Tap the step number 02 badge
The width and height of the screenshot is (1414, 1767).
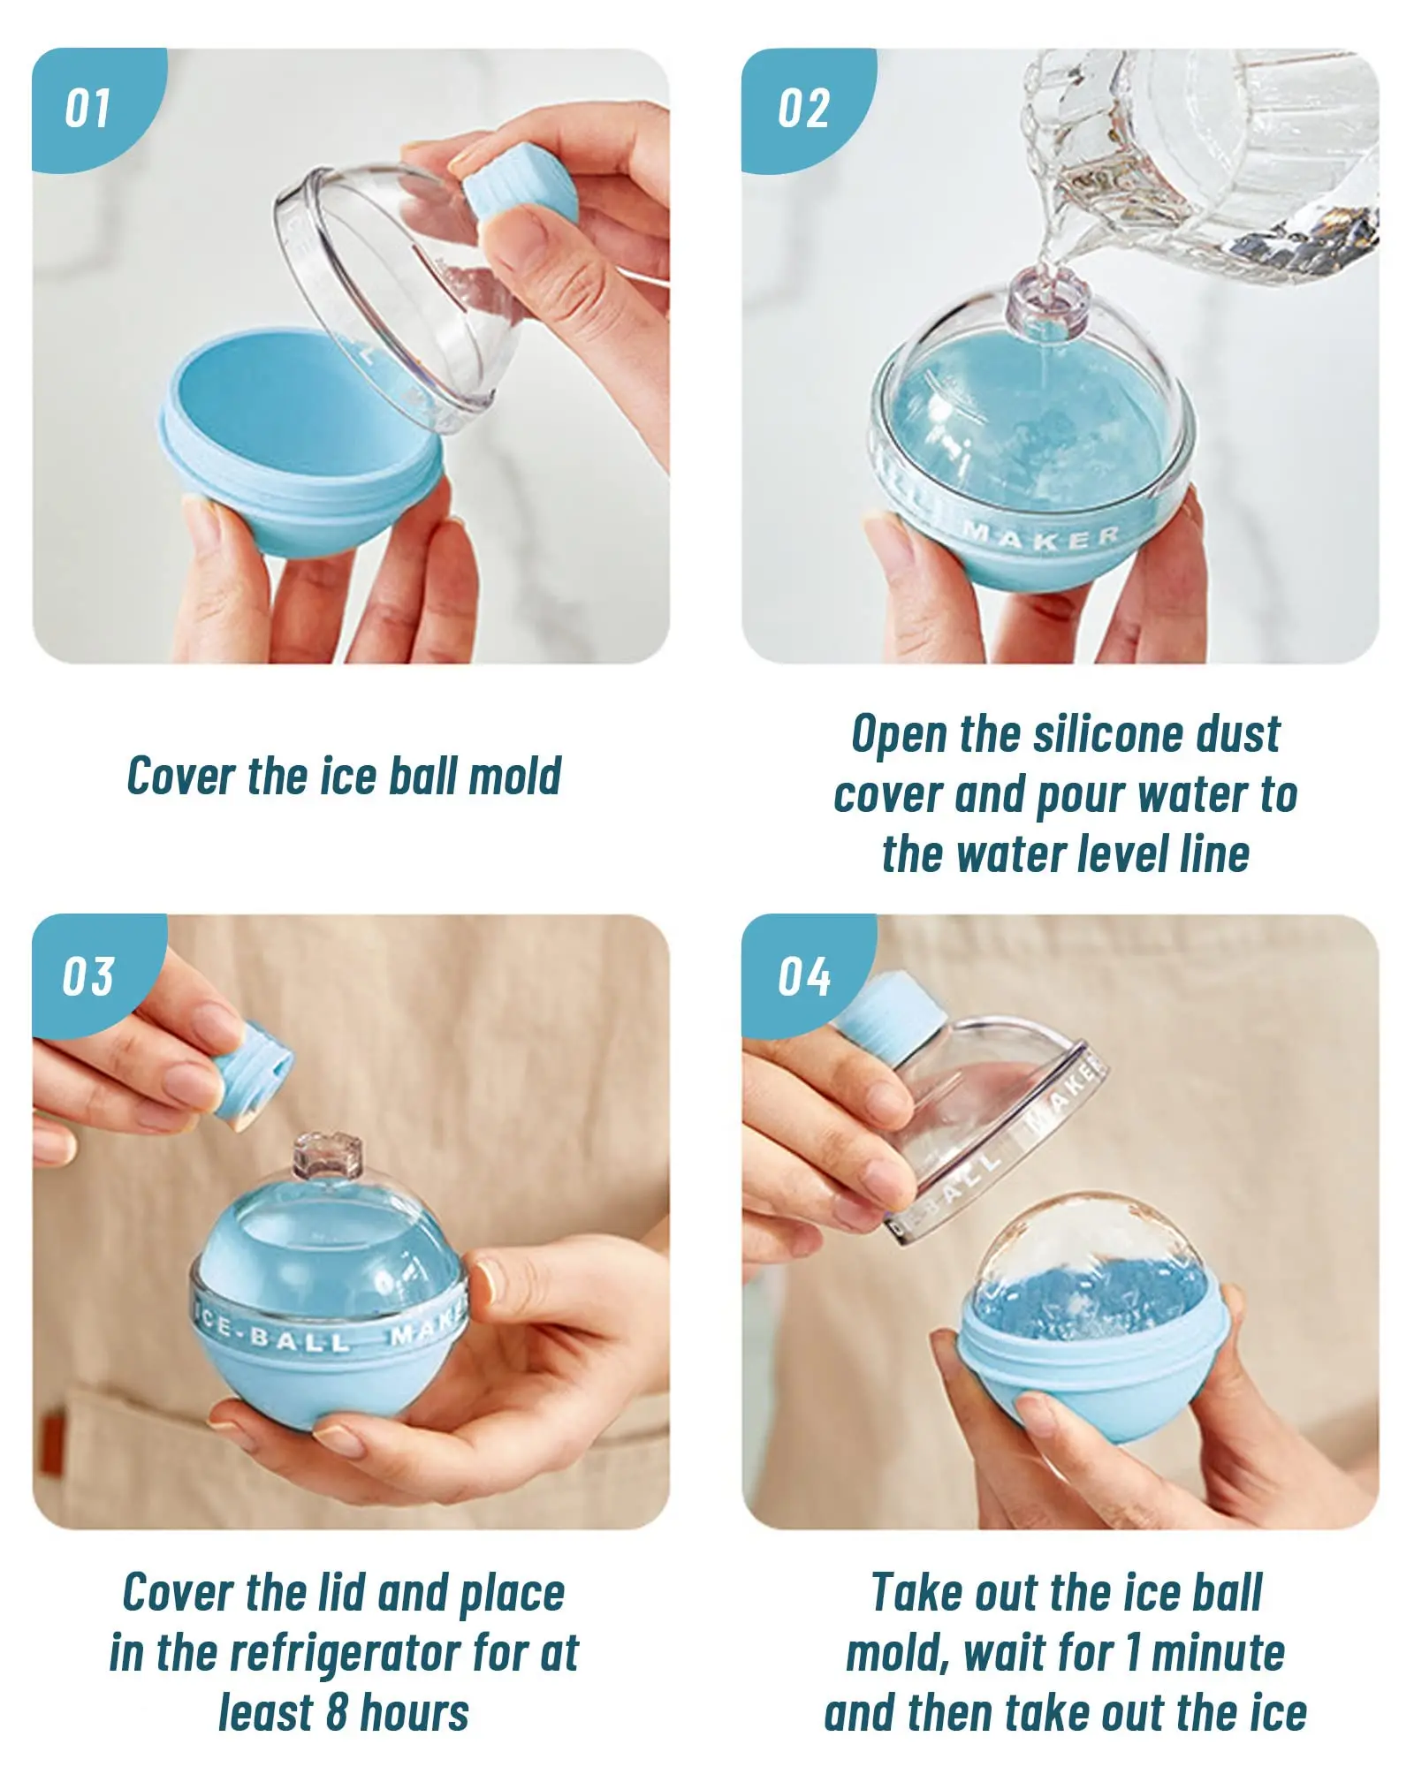802,109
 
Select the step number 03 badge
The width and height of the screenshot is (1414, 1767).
88,976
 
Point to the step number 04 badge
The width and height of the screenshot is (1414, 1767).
802,976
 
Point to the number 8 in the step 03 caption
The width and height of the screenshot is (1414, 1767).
336,1711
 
